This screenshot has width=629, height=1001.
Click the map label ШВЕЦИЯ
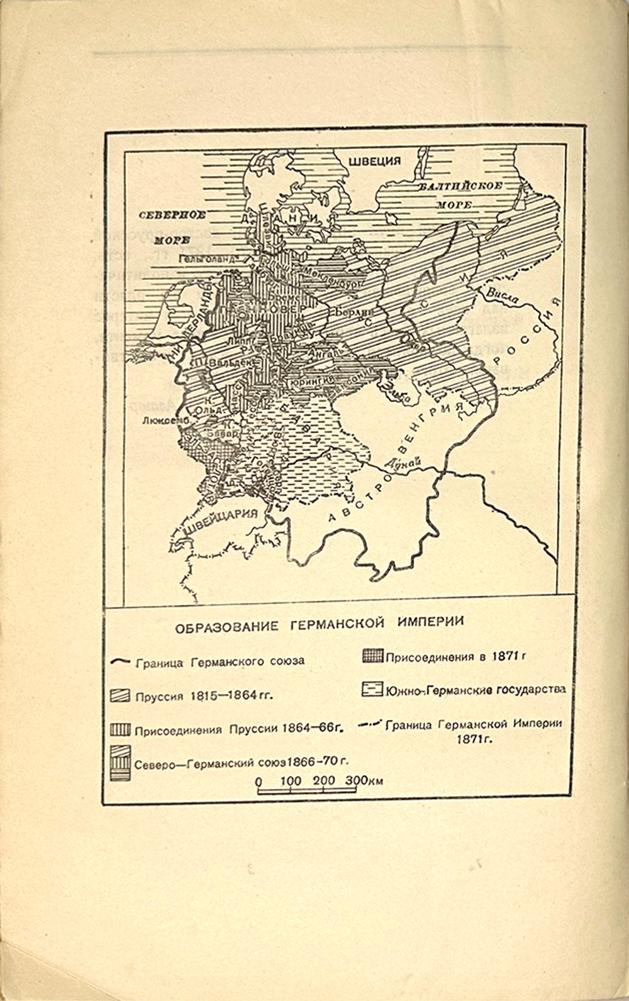pos(374,161)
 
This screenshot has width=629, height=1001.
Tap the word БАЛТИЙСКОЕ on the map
pos(462,186)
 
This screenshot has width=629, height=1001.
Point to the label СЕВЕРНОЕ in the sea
pos(172,215)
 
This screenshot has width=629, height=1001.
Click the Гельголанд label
pos(206,258)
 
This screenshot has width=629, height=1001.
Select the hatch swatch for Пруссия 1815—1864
pos(120,696)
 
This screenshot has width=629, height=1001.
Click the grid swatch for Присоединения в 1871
pos(372,656)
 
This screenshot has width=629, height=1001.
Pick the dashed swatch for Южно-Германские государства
pos(372,689)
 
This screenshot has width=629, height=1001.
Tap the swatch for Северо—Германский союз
pos(120,763)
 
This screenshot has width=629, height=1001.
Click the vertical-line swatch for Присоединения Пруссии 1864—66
pos(120,730)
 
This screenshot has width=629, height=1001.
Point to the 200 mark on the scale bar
pos(324,780)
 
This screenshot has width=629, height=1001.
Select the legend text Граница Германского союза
pos(220,661)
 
